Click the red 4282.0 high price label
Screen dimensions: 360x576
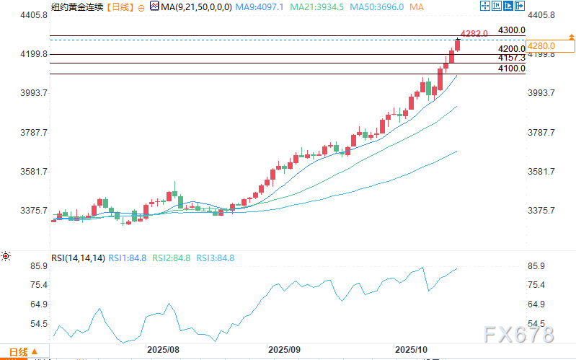(474, 33)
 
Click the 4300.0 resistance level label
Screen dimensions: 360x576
(510, 30)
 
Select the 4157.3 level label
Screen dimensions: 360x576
(510, 57)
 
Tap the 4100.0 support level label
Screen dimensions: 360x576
(510, 69)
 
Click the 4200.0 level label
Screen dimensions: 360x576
(510, 49)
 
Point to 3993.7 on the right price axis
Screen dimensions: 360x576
(542, 93)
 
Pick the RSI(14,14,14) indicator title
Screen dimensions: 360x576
(78, 258)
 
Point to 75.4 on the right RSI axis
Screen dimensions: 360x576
(540, 285)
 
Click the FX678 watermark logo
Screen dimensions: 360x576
(518, 335)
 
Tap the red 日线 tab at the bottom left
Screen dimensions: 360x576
(18, 353)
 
